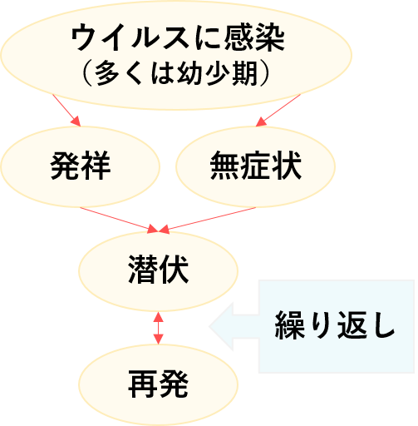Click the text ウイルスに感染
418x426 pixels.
click(178, 37)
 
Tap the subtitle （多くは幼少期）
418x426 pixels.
click(175, 73)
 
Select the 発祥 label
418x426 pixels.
click(81, 166)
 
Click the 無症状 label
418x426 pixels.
click(256, 166)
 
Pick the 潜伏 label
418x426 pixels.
click(159, 270)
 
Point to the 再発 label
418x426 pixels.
click(159, 384)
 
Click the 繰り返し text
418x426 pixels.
click(335, 325)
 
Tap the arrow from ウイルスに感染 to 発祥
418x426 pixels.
click(66, 111)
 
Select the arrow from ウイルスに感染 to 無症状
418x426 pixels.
click(278, 111)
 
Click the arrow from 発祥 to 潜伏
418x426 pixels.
click(119, 220)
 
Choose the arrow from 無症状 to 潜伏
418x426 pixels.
click(207, 220)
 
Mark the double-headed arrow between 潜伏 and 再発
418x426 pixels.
click(159, 328)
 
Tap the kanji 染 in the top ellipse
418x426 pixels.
click(270, 37)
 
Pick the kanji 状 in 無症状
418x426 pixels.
click(287, 166)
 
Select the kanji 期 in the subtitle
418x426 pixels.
click(244, 73)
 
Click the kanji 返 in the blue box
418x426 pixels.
click(352, 325)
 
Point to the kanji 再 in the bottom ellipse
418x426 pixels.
click(143, 384)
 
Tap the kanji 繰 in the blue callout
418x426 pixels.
click(290, 325)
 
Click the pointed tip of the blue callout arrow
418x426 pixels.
click(209, 326)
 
